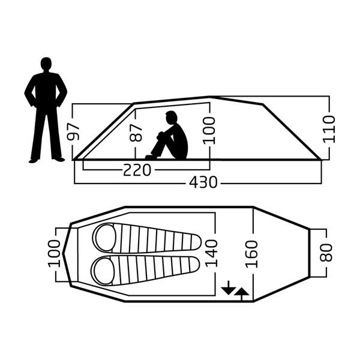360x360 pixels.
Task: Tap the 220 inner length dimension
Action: coord(137,170)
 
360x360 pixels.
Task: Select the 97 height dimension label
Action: coord(74,131)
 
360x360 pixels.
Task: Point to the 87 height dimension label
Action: coord(136,132)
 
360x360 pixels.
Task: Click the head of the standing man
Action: coord(46,64)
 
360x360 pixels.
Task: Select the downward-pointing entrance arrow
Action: coord(228,289)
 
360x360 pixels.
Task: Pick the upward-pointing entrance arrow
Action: coord(241,294)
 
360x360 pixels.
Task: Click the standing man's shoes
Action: coord(46,160)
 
